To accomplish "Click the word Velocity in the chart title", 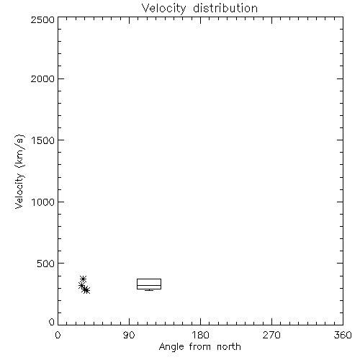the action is (x=164, y=9).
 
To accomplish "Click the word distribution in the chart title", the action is (x=225, y=8).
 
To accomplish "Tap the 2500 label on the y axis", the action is (x=42, y=19).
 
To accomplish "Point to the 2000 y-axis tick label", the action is (x=42, y=78).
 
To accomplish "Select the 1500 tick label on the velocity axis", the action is (x=43, y=140).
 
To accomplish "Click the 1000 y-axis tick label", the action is (x=43, y=202).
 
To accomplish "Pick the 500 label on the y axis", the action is (x=46, y=264).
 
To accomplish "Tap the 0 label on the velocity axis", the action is (x=52, y=322).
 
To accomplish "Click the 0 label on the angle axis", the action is (x=58, y=335).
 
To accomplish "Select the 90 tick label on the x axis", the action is (x=129, y=335).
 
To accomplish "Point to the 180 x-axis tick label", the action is (x=200, y=335).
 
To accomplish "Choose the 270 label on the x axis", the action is (x=271, y=335).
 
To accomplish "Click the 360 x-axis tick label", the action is (x=343, y=335).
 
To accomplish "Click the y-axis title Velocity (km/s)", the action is (x=19, y=171).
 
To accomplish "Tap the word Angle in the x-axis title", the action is (x=171, y=347).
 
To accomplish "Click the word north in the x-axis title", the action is (x=229, y=346).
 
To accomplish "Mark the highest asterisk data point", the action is (x=83, y=279).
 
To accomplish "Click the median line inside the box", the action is (x=149, y=285).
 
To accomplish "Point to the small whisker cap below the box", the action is (x=149, y=290).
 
